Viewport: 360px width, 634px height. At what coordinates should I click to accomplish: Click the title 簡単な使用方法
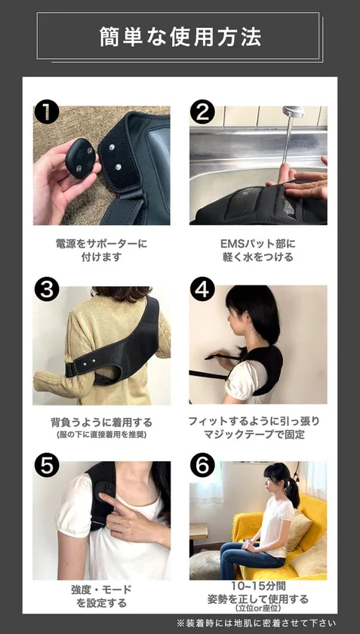180,36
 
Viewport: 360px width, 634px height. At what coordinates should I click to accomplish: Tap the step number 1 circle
47,112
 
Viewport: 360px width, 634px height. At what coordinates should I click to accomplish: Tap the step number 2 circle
202,112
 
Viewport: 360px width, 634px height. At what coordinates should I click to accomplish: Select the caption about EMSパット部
258,250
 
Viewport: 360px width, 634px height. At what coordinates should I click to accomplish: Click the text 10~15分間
259,585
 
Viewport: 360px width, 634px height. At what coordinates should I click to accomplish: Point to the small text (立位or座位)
259,608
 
